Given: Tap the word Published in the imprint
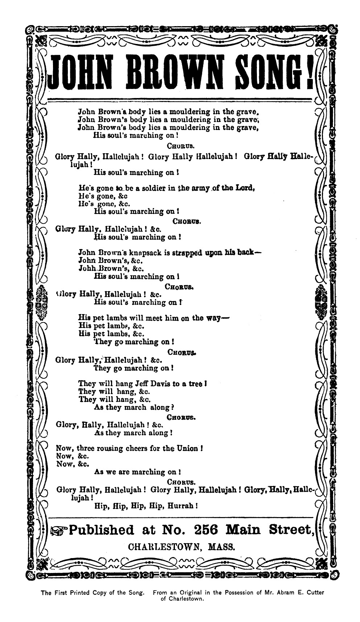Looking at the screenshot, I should [102, 530].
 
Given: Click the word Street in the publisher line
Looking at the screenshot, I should [290, 530].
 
